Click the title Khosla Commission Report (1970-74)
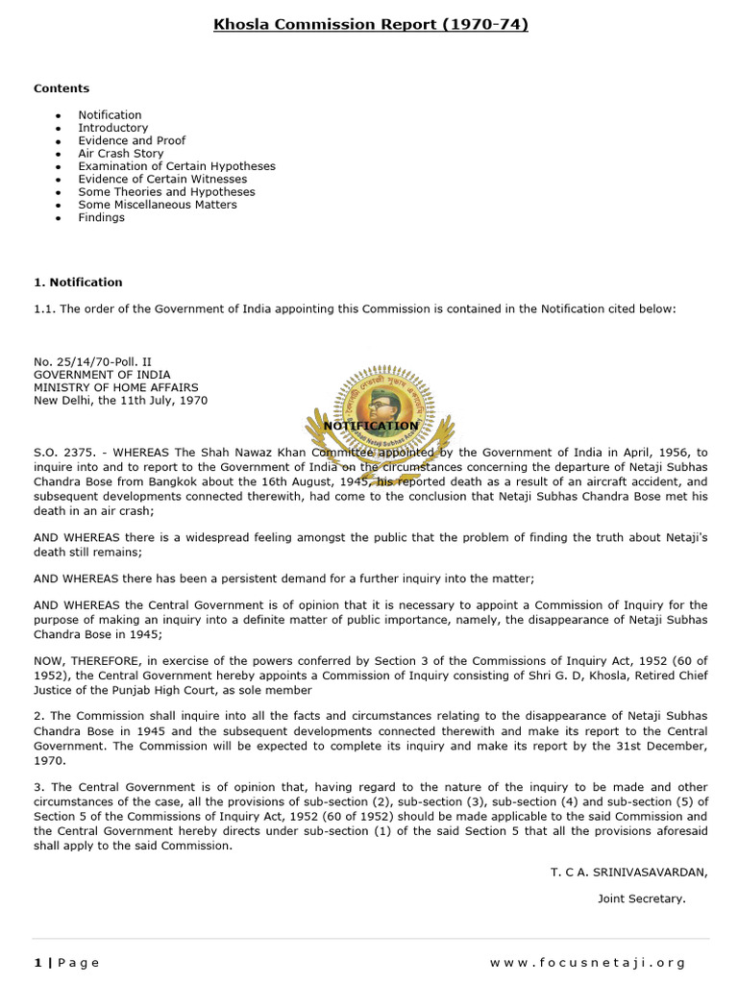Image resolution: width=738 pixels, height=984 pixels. [370, 24]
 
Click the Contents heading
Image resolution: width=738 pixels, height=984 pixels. [61, 88]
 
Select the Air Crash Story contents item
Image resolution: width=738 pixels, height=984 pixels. [120, 153]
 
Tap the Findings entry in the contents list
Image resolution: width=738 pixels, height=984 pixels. [101, 217]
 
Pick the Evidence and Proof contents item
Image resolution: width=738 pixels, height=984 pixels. [132, 140]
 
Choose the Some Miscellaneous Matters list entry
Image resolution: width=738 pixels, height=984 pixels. [157, 205]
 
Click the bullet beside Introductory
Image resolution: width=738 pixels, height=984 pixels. [59, 128]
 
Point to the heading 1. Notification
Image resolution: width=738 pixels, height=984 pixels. [78, 283]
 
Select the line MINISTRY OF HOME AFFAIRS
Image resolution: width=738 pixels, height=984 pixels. [116, 387]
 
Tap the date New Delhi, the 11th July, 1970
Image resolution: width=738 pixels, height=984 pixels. [120, 401]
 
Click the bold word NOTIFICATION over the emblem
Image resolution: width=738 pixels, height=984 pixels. [371, 426]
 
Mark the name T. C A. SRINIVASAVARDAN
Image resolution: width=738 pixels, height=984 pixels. [628, 872]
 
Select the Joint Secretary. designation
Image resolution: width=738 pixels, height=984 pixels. [641, 898]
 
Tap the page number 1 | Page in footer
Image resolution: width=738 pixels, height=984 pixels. [66, 962]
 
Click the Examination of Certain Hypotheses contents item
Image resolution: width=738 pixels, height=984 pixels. [176, 166]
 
